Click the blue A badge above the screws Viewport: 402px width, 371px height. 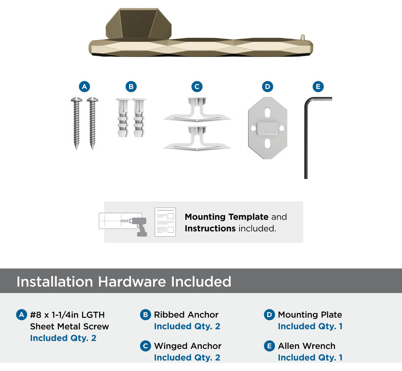pyautogui.click(x=84, y=87)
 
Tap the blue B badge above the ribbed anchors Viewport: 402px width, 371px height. pyautogui.click(x=131, y=87)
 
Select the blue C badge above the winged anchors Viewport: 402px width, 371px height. pyautogui.click(x=197, y=87)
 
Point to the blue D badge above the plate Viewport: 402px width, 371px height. pyautogui.click(x=268, y=87)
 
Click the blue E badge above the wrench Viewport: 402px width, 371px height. pyautogui.click(x=318, y=87)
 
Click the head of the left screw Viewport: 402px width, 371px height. pyautogui.click(x=76, y=100)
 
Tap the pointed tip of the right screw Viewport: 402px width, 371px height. pyautogui.click(x=92, y=148)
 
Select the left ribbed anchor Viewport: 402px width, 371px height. pyautogui.click(x=123, y=118)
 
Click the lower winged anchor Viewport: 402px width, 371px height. pyautogui.click(x=197, y=138)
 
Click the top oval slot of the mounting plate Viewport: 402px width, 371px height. pyautogui.click(x=268, y=112)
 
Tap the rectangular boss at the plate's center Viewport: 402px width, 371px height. pyautogui.click(x=268, y=128)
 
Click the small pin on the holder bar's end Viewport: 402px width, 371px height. pyautogui.click(x=303, y=37)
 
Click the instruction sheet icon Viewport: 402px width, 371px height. pyautogui.click(x=165, y=222)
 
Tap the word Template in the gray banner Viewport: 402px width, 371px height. pyautogui.click(x=249, y=217)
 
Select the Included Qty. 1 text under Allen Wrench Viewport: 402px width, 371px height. pyautogui.click(x=310, y=358)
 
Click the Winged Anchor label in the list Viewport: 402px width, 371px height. pyautogui.click(x=188, y=346)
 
